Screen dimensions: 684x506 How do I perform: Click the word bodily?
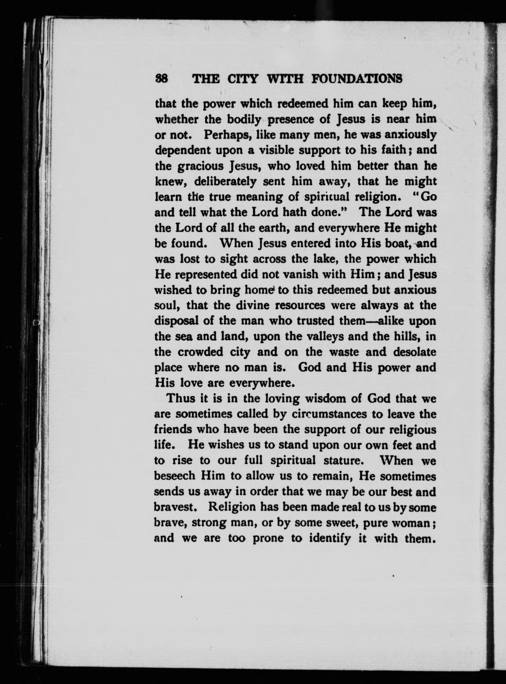click(244, 120)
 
